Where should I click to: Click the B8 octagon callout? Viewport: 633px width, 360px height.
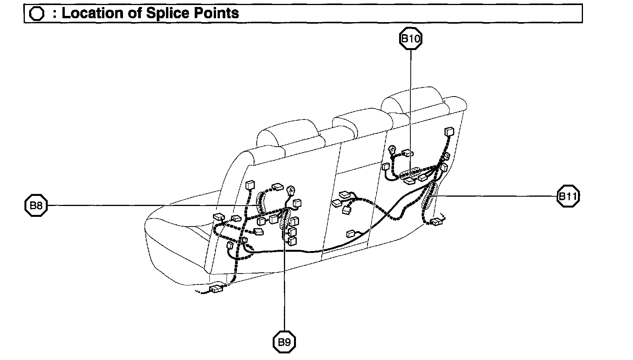(36, 205)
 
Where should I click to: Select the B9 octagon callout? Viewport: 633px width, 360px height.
(284, 342)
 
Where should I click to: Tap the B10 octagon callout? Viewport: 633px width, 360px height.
(410, 38)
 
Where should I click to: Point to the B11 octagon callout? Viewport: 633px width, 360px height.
(568, 196)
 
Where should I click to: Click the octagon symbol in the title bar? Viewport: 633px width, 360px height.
(37, 14)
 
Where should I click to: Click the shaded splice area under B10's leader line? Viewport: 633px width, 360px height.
(411, 173)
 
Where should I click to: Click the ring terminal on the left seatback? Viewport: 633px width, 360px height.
(291, 190)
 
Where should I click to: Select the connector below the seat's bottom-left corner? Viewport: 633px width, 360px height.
(216, 289)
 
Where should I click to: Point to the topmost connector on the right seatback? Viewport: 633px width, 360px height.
(449, 132)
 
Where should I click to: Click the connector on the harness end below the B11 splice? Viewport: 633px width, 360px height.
(436, 222)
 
